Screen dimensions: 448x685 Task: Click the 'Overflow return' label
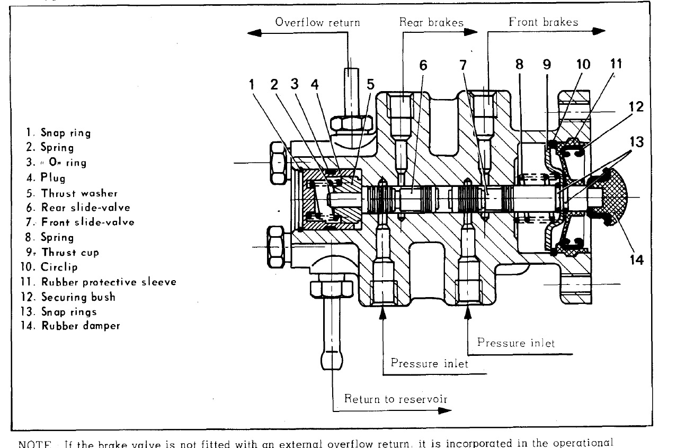click(x=317, y=22)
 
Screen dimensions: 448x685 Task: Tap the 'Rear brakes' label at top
click(x=431, y=22)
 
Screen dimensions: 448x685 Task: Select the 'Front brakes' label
click(x=543, y=22)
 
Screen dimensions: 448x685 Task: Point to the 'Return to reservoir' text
click(x=396, y=399)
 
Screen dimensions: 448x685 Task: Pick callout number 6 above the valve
click(x=423, y=65)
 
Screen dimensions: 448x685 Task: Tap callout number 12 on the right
click(x=636, y=107)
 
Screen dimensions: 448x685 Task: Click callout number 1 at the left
click(x=252, y=84)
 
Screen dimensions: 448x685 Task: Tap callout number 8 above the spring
click(x=519, y=65)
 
